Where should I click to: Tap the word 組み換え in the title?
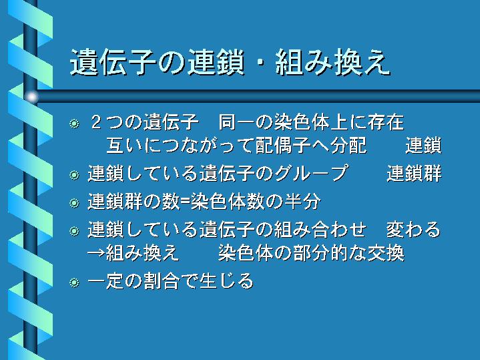[332, 62]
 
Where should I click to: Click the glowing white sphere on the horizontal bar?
[31, 97]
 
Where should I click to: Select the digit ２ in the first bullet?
[96, 122]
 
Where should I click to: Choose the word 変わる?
[413, 230]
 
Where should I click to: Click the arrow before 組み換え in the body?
[96, 254]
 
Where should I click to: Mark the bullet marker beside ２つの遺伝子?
[74, 124]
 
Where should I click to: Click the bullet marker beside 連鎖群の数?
[74, 203]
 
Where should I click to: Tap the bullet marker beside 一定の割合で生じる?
[74, 282]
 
